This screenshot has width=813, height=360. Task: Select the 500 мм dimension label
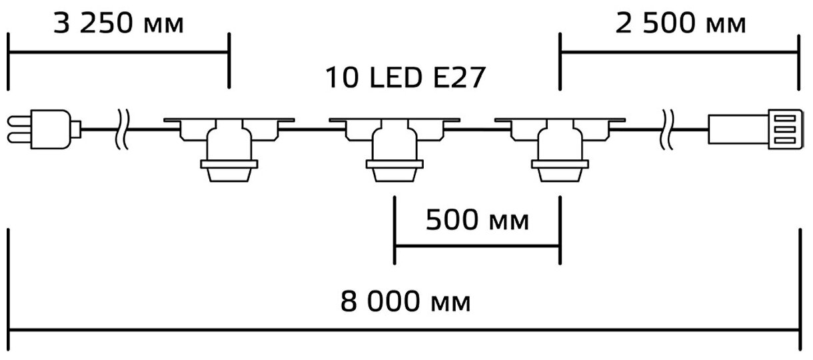[478, 220]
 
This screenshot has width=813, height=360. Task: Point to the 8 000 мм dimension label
[406, 301]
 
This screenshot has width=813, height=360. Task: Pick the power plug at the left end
[43, 128]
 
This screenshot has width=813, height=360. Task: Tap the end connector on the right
[754, 128]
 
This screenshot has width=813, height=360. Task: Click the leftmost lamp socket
[229, 148]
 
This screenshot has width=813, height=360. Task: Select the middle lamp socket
[394, 148]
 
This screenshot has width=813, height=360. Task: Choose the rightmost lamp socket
[559, 148]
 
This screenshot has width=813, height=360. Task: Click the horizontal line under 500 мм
[477, 246]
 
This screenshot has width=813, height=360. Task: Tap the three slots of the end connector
[786, 128]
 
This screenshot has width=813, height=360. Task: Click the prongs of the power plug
[20, 128]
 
